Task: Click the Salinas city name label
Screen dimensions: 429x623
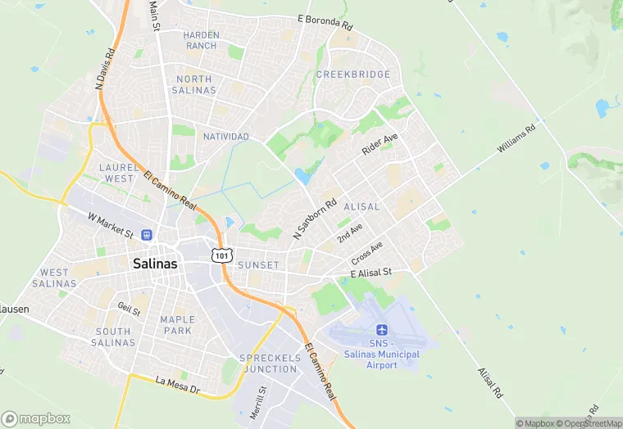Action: click(x=154, y=264)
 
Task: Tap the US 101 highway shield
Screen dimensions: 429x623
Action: click(x=220, y=255)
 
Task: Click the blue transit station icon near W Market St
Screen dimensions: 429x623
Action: click(x=147, y=235)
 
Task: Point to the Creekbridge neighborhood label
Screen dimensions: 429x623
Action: click(x=353, y=75)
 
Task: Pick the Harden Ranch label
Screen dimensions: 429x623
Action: click(x=200, y=41)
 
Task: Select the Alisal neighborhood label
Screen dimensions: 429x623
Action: click(x=362, y=207)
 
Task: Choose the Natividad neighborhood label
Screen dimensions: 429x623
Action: click(x=225, y=136)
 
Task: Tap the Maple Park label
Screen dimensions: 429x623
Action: click(x=178, y=325)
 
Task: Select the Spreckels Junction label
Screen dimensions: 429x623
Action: click(x=269, y=364)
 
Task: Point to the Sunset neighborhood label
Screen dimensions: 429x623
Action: click(x=258, y=265)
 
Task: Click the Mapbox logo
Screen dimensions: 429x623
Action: click(x=36, y=418)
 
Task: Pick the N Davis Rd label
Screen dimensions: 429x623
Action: click(x=105, y=68)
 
